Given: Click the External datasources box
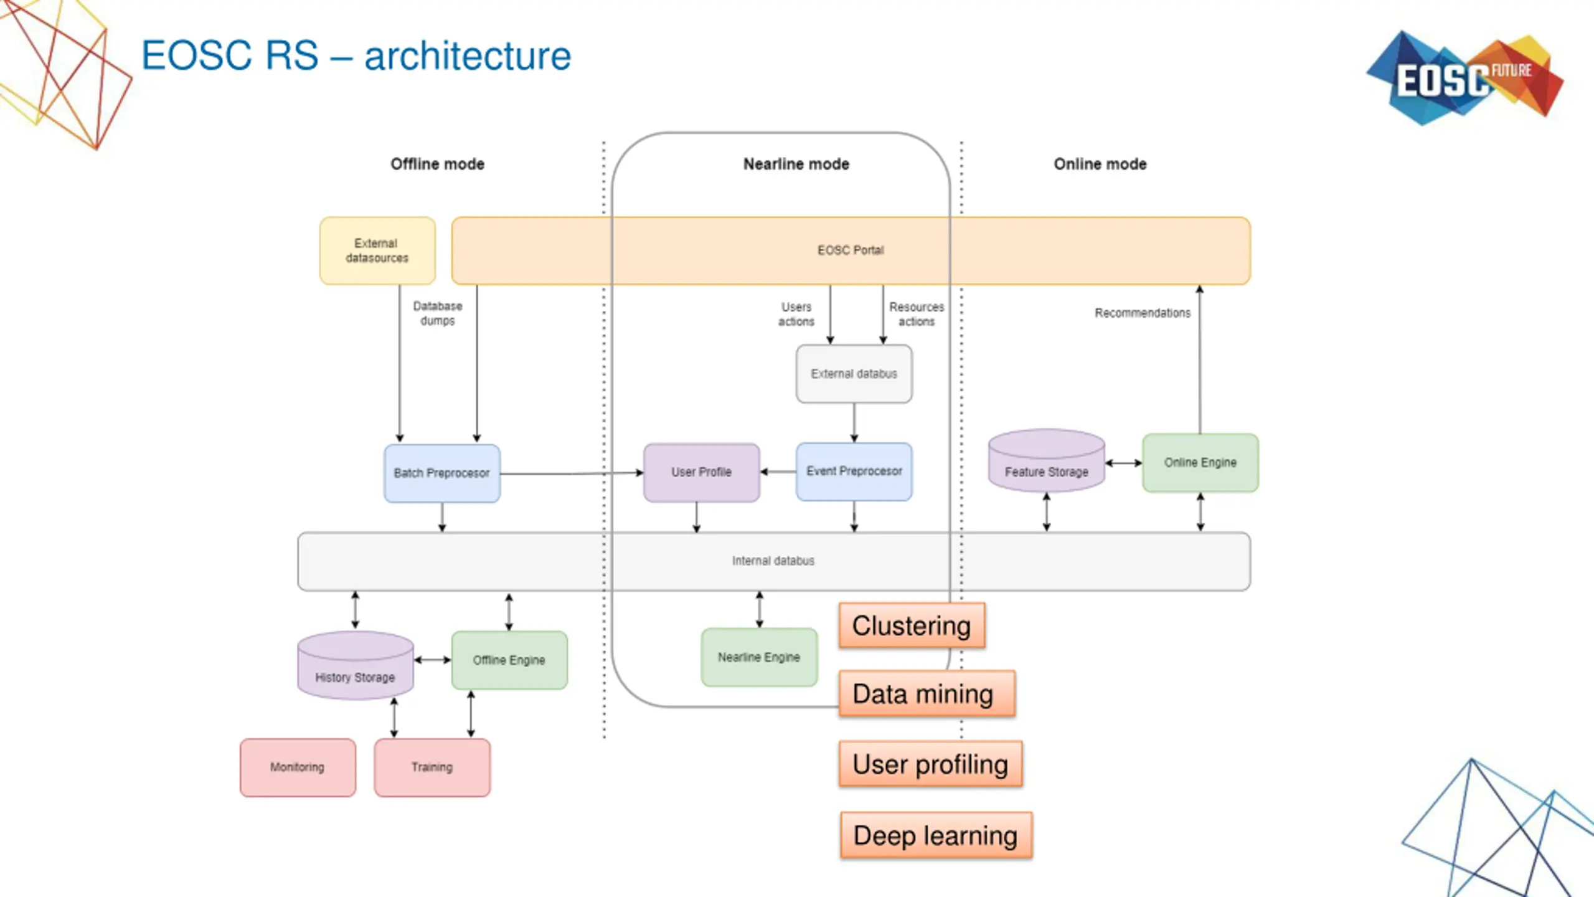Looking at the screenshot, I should coord(377,250).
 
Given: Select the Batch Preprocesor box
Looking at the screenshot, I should coord(442,473).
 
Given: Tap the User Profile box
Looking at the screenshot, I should coord(701,472).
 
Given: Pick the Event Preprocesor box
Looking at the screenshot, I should coord(854,472).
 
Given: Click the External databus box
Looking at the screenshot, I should coord(854,374).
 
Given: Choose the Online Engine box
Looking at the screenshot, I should coord(1200,463).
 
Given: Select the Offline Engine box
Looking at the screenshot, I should coord(509,660).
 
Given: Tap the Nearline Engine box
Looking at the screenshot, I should coord(759,657).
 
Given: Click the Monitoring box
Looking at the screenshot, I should coord(298,767).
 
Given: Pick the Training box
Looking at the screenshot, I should coord(432,767).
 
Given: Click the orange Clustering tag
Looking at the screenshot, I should coord(912,625).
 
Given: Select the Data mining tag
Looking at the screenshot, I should coord(927,693).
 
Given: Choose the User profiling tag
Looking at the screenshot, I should coord(930,764).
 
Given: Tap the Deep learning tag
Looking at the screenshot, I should coord(936,835).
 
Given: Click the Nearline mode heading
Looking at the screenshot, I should coord(796,164).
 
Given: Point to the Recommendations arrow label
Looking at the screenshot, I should coord(1143,313).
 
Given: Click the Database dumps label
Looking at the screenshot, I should coord(438,313).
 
